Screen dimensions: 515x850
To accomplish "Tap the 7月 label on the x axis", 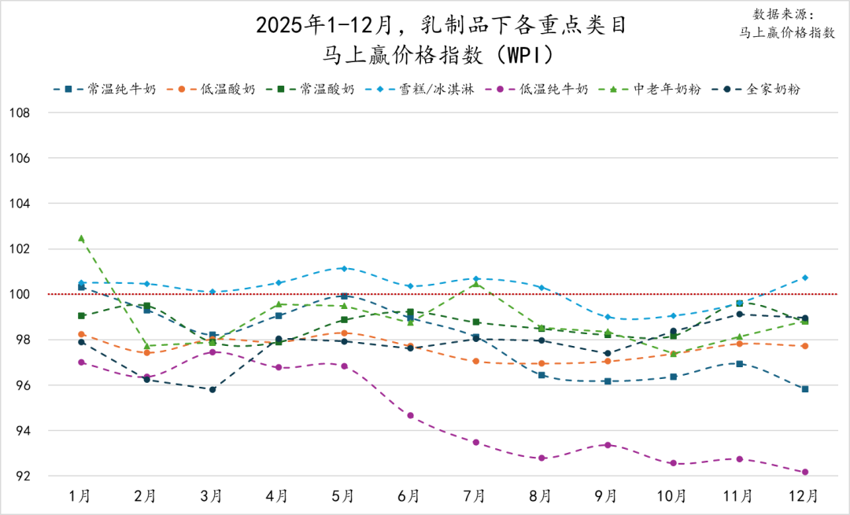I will point(474,496).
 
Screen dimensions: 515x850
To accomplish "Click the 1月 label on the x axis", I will point(80,496).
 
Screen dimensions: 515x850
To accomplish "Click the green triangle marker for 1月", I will point(81,238).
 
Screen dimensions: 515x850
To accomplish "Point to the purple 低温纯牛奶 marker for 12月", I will point(805,473).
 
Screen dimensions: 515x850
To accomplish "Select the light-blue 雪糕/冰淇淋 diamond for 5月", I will point(344,268).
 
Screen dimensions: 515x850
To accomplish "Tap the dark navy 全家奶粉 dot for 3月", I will point(213,389).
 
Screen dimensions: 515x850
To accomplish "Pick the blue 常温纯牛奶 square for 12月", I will point(805,389).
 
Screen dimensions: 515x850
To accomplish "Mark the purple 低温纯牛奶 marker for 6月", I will point(410,415).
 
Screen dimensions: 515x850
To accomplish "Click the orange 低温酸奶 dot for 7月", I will point(475,361).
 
